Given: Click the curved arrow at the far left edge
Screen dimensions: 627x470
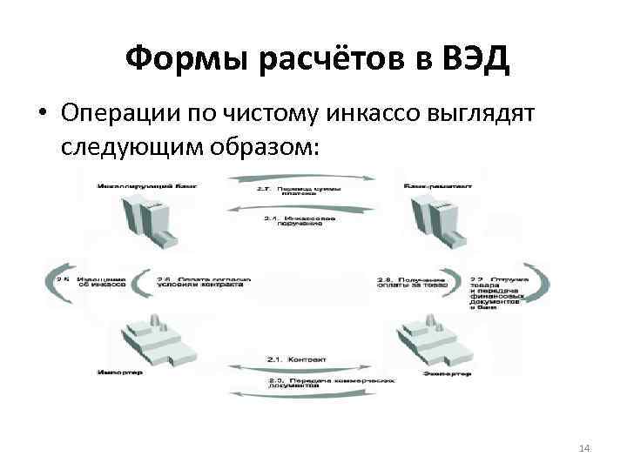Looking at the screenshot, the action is [x=55, y=282].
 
